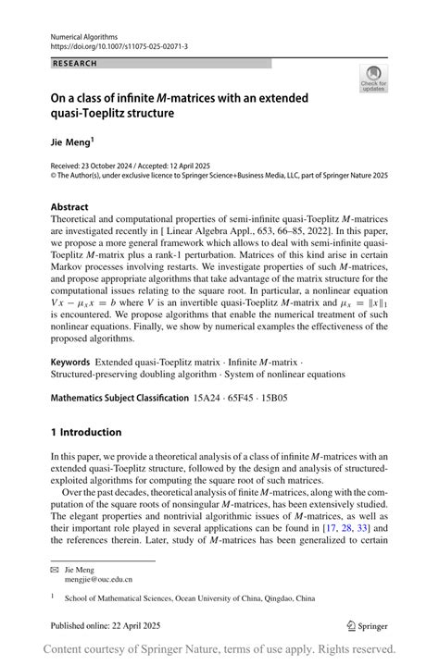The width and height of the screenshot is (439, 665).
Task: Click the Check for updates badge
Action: [373, 79]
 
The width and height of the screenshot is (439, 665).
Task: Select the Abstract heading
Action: [70, 207]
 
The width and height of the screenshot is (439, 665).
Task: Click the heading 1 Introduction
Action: [86, 432]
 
